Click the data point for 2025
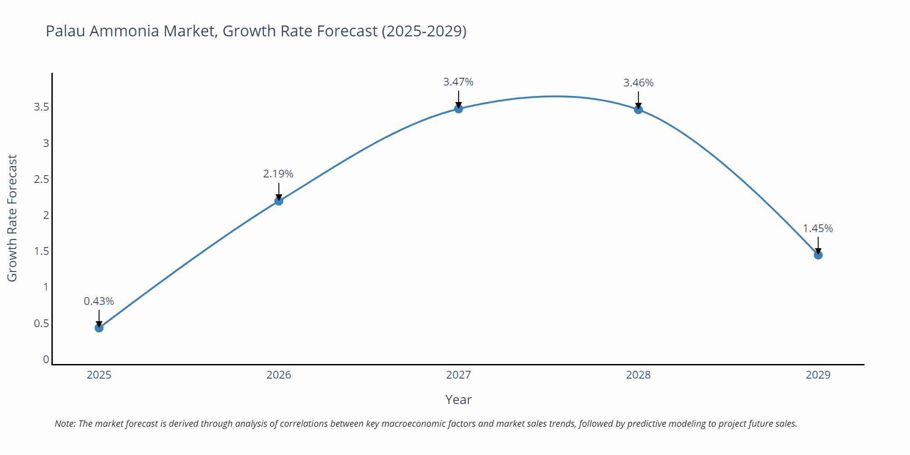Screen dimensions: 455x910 click(99, 328)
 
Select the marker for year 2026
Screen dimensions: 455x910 click(279, 201)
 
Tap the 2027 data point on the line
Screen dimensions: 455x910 click(459, 108)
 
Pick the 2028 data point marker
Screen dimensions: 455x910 click(638, 109)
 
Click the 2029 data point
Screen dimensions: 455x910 click(818, 255)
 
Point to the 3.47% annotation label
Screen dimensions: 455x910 click(458, 82)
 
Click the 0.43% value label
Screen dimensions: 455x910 click(99, 301)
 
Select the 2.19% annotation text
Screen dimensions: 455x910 click(278, 174)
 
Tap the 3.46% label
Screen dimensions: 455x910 click(638, 83)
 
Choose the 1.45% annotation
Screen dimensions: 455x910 click(818, 228)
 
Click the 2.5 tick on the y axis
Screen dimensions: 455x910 click(41, 179)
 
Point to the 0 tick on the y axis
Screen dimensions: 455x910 click(46, 359)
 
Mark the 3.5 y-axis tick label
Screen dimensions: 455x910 click(41, 107)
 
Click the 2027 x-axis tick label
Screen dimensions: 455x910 click(458, 375)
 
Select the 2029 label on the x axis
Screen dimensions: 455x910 click(818, 375)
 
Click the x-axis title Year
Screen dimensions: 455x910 click(458, 399)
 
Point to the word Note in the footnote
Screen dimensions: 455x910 click(65, 424)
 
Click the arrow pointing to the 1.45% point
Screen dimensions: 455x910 click(818, 245)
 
